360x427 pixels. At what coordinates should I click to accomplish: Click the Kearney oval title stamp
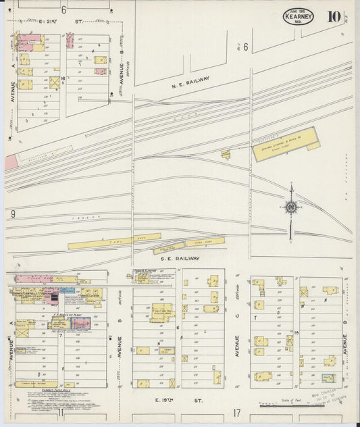tap(297, 17)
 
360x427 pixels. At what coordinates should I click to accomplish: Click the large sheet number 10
tap(334, 16)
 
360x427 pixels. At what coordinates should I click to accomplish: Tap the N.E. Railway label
tap(190, 79)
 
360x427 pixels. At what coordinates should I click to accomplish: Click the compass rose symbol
tap(290, 207)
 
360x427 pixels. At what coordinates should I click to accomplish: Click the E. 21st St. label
tap(61, 22)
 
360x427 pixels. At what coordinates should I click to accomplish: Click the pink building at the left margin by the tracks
tap(11, 162)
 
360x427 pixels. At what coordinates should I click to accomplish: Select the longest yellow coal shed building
tap(115, 241)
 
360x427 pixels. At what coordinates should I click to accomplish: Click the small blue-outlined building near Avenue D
tap(329, 379)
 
